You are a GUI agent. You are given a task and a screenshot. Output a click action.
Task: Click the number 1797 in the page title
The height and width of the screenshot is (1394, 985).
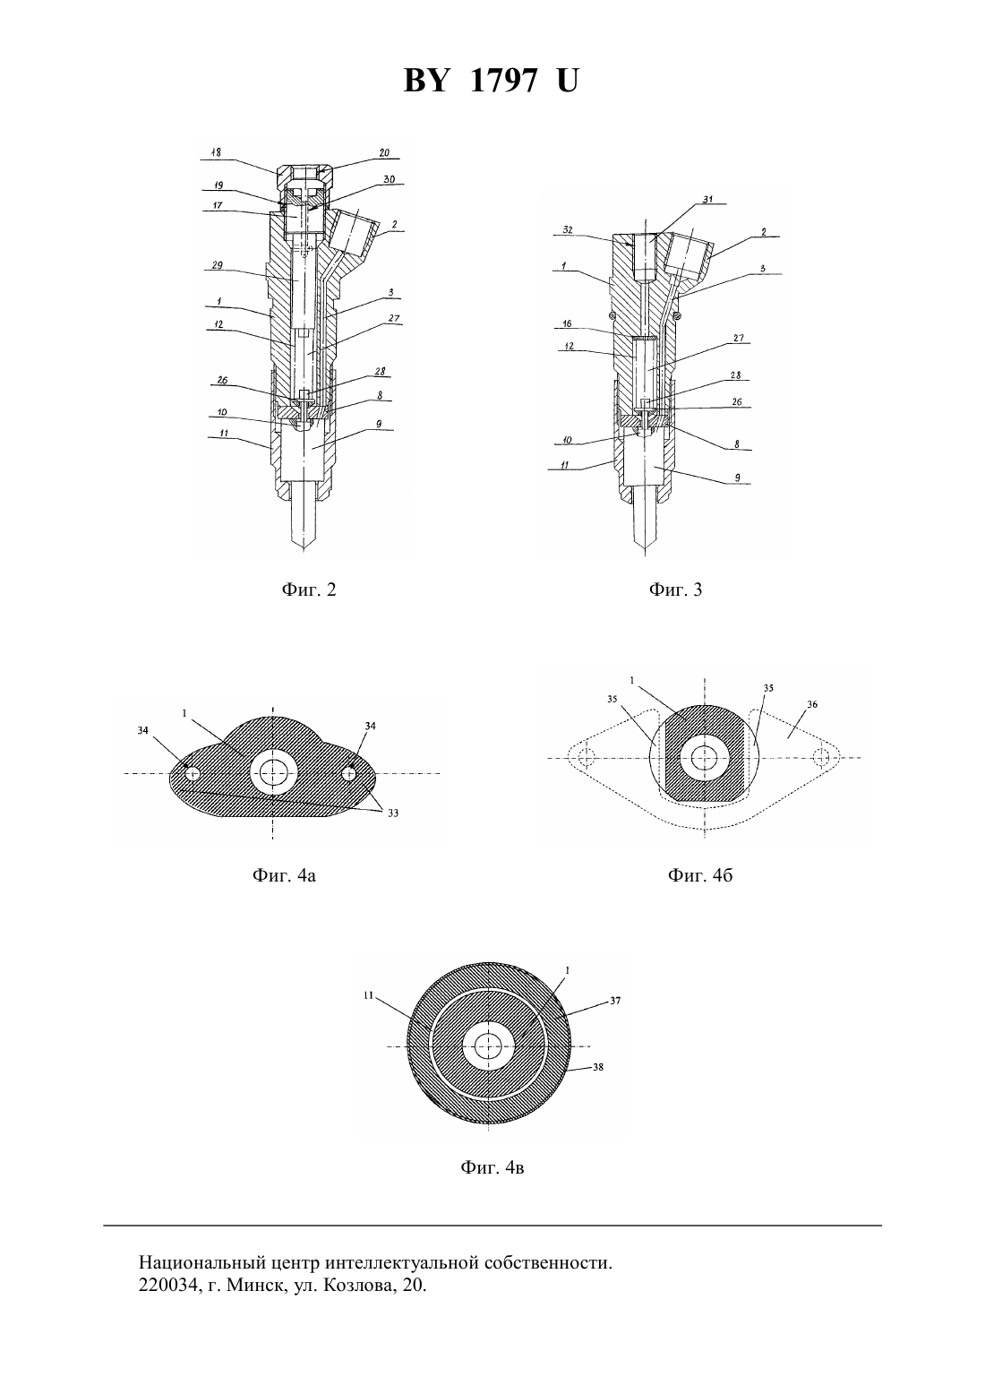503,81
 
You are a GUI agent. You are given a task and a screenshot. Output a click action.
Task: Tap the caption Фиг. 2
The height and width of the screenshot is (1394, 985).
309,590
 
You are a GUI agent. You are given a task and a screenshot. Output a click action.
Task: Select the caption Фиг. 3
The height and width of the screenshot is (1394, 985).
675,590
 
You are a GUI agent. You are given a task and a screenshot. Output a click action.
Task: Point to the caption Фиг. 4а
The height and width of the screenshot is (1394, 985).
284,876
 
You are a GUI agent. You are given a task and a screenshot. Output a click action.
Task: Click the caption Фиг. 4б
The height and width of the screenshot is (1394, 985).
700,876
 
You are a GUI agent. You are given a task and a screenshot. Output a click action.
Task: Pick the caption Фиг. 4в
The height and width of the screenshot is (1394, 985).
492,1167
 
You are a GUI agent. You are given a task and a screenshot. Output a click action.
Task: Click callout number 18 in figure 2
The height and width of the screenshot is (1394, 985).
216,152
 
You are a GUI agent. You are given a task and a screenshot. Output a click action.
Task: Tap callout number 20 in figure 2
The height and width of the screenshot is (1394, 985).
383,152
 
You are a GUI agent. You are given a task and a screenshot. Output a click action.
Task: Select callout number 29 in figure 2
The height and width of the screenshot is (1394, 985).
217,266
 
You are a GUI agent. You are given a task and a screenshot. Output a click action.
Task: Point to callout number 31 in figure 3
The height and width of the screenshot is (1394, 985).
707,199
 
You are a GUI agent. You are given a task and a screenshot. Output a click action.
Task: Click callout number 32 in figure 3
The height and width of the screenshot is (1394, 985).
567,229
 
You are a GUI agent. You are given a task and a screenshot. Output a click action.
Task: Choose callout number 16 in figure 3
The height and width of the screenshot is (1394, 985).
567,324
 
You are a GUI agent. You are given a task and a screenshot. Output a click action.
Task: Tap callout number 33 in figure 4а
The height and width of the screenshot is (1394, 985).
393,813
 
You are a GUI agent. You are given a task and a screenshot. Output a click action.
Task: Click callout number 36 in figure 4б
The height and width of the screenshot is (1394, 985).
812,704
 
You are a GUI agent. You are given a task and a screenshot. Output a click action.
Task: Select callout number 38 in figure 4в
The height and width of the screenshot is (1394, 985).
598,1067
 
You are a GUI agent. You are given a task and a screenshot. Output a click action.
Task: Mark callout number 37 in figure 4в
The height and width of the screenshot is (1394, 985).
615,1001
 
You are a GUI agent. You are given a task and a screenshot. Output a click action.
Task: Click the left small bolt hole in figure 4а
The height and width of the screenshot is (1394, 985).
193,773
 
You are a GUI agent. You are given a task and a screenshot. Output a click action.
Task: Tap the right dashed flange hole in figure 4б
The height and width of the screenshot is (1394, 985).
822,757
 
